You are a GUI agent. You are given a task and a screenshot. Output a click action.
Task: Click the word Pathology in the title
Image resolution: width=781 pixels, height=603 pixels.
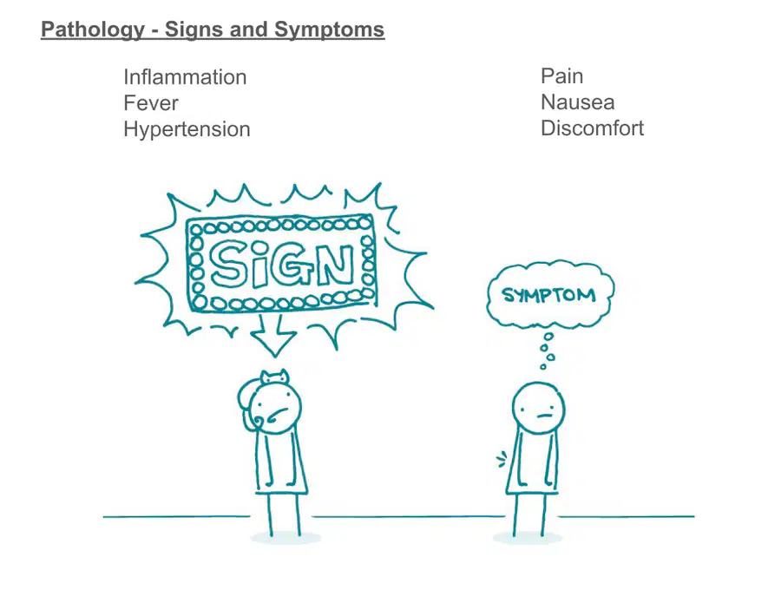tap(93, 29)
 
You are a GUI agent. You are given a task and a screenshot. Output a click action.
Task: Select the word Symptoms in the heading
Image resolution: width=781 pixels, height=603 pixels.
tap(329, 29)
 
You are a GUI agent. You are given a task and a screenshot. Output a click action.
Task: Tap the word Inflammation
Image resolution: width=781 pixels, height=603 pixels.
tap(185, 77)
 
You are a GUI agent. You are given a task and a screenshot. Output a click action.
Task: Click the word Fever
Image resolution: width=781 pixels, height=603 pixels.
tap(150, 103)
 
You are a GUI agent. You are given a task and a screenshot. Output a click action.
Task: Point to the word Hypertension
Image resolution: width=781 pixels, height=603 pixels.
tap(187, 129)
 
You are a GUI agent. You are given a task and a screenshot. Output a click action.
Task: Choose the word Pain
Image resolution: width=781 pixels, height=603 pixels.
tap(561, 76)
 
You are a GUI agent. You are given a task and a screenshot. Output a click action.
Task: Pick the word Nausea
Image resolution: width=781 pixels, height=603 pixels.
tap(578, 102)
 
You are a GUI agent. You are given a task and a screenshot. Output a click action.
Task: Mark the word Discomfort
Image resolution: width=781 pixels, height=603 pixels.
tap(592, 128)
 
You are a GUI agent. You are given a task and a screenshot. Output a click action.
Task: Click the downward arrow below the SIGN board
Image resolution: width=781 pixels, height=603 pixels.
tap(274, 335)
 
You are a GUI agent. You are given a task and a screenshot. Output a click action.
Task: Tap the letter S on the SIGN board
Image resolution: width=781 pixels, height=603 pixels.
tap(227, 264)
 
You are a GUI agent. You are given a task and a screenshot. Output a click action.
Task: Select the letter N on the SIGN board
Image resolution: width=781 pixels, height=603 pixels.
tap(335, 264)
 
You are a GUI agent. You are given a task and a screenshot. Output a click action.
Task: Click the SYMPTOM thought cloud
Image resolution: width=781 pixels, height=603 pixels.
tap(550, 294)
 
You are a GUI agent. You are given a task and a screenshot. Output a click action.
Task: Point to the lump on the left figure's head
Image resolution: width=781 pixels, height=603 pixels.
tap(274, 377)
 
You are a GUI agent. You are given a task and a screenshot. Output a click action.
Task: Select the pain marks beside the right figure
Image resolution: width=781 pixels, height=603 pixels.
tap(502, 459)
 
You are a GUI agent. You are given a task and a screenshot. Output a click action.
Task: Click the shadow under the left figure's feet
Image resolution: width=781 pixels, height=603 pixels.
tap(285, 538)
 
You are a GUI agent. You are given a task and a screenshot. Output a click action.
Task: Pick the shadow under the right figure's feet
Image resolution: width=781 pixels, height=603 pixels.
tap(528, 538)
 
